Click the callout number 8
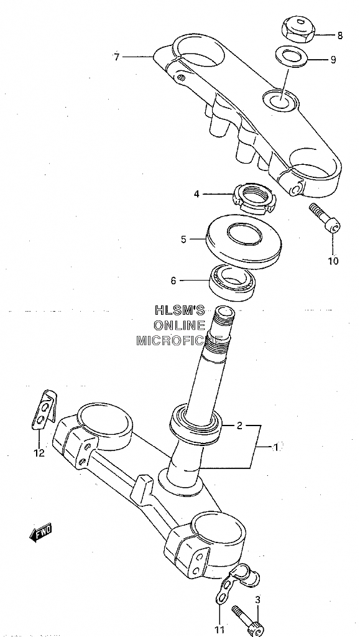pyautogui.click(x=339, y=35)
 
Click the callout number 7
pyautogui.click(x=117, y=57)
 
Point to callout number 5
pyautogui.click(x=183, y=239)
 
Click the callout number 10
pyautogui.click(x=333, y=261)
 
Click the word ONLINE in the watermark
pyautogui.click(x=180, y=325)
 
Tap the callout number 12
pyautogui.click(x=39, y=453)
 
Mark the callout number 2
pyautogui.click(x=239, y=425)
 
